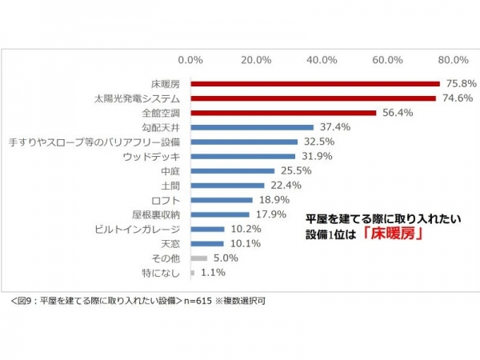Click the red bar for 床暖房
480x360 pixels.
(315, 83)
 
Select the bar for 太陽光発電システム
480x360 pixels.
(313, 98)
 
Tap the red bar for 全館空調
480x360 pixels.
(283, 113)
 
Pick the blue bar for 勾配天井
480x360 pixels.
(252, 127)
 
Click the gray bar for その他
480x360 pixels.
(199, 258)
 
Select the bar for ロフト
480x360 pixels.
(222, 200)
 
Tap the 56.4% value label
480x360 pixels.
(397, 113)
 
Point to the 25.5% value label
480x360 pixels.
(295, 170)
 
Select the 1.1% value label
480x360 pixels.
(211, 273)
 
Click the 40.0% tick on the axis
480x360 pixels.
(322, 59)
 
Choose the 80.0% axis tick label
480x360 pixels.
(454, 59)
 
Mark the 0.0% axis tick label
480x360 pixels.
(191, 59)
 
